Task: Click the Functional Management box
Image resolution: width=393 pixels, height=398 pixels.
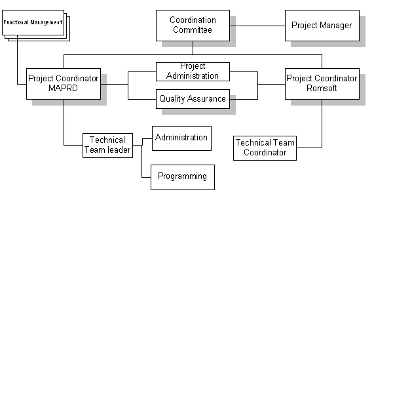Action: point(33,22)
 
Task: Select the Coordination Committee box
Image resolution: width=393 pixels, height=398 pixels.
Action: point(193,25)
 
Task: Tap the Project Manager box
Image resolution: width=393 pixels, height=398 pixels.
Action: point(322,26)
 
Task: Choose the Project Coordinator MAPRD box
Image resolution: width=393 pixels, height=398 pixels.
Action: point(64,83)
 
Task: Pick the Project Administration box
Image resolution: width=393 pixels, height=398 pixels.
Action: point(193,71)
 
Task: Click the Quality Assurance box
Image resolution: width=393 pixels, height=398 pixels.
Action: point(193,99)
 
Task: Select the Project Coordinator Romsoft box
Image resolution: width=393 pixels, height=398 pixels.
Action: point(322,83)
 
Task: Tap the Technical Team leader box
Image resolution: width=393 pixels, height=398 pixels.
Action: point(107,145)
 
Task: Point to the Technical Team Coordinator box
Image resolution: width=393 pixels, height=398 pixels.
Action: point(265,148)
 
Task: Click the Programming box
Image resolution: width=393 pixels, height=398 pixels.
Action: point(182,176)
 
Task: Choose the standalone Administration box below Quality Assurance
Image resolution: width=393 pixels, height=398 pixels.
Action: point(181,138)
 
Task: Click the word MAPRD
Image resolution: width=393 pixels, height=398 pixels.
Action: point(63,89)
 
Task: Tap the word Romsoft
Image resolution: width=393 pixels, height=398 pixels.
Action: point(322,89)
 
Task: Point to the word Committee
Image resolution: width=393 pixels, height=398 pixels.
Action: point(193,30)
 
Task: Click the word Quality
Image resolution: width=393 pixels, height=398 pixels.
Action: point(172,99)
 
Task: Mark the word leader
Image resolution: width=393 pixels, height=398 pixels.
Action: point(119,150)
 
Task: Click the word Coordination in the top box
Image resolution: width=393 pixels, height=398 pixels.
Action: point(193,20)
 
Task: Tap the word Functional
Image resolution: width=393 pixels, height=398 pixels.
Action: point(15,22)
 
